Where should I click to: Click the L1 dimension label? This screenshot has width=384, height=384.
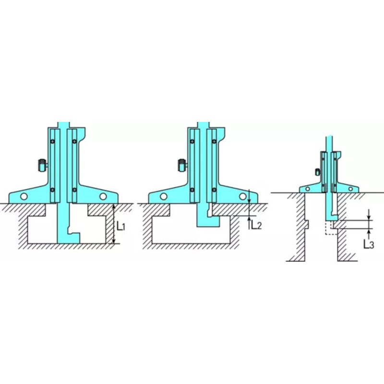[121, 227]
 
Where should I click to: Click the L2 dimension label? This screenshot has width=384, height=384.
[256, 225]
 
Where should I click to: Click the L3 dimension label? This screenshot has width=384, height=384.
[369, 244]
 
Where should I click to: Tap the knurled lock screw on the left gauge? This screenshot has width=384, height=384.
[42, 165]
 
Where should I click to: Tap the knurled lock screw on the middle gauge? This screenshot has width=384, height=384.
[182, 165]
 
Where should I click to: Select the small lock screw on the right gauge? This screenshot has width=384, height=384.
[318, 172]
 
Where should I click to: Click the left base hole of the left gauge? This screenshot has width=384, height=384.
[24, 196]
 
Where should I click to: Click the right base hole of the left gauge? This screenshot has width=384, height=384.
[103, 196]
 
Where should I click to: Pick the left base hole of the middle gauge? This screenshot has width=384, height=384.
[164, 196]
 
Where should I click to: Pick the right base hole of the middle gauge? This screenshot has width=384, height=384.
[243, 196]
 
